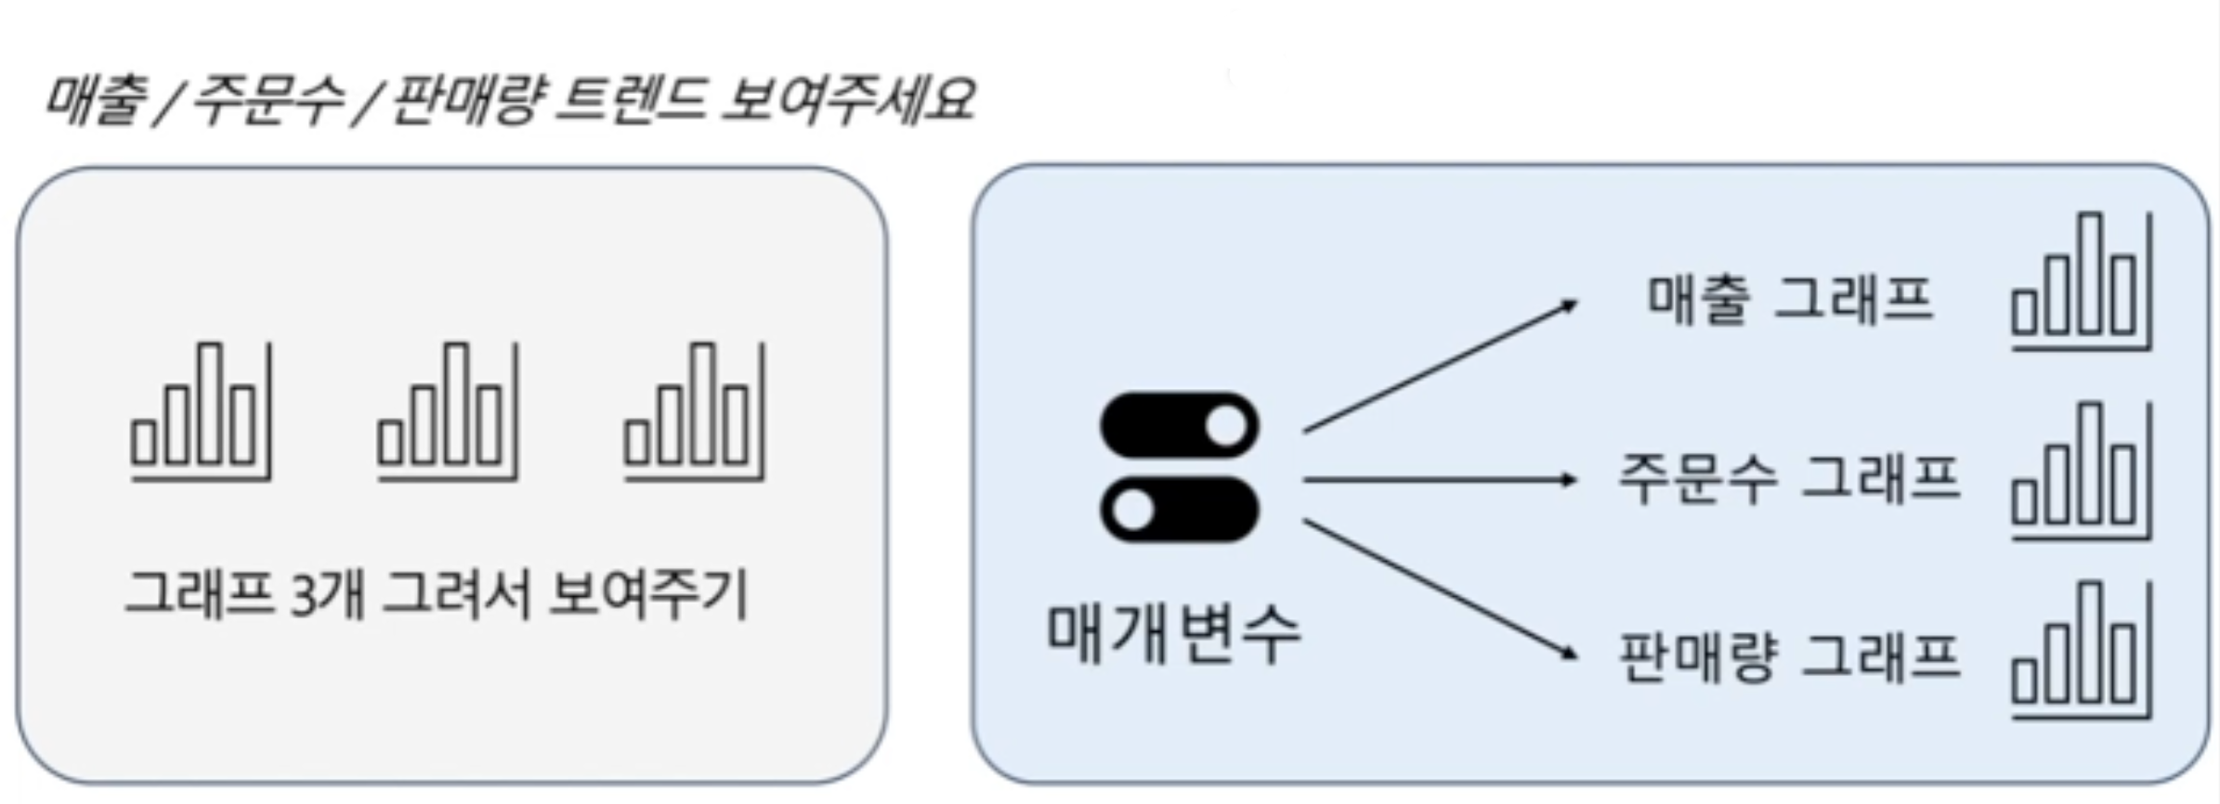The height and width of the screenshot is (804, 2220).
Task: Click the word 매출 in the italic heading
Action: point(95,99)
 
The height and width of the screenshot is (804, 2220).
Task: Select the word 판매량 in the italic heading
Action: point(462,99)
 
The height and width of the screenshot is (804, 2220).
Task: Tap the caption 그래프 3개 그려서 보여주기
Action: point(437,594)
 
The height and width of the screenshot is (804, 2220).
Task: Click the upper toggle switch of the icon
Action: point(1179,426)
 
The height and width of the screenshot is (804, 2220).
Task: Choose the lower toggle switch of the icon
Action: point(1179,509)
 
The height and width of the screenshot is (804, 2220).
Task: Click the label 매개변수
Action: point(1173,634)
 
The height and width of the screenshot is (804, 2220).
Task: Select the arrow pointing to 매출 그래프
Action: point(1439,366)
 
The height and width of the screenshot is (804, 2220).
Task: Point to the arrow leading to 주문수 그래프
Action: point(1439,480)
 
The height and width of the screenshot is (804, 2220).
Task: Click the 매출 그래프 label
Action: point(1789,300)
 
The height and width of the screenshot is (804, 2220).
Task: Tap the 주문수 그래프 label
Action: point(1789,480)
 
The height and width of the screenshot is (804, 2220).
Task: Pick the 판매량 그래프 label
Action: point(1789,657)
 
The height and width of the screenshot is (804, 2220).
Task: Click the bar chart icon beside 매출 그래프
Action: point(2081,281)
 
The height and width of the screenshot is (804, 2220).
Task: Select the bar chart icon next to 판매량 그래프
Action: point(2081,649)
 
